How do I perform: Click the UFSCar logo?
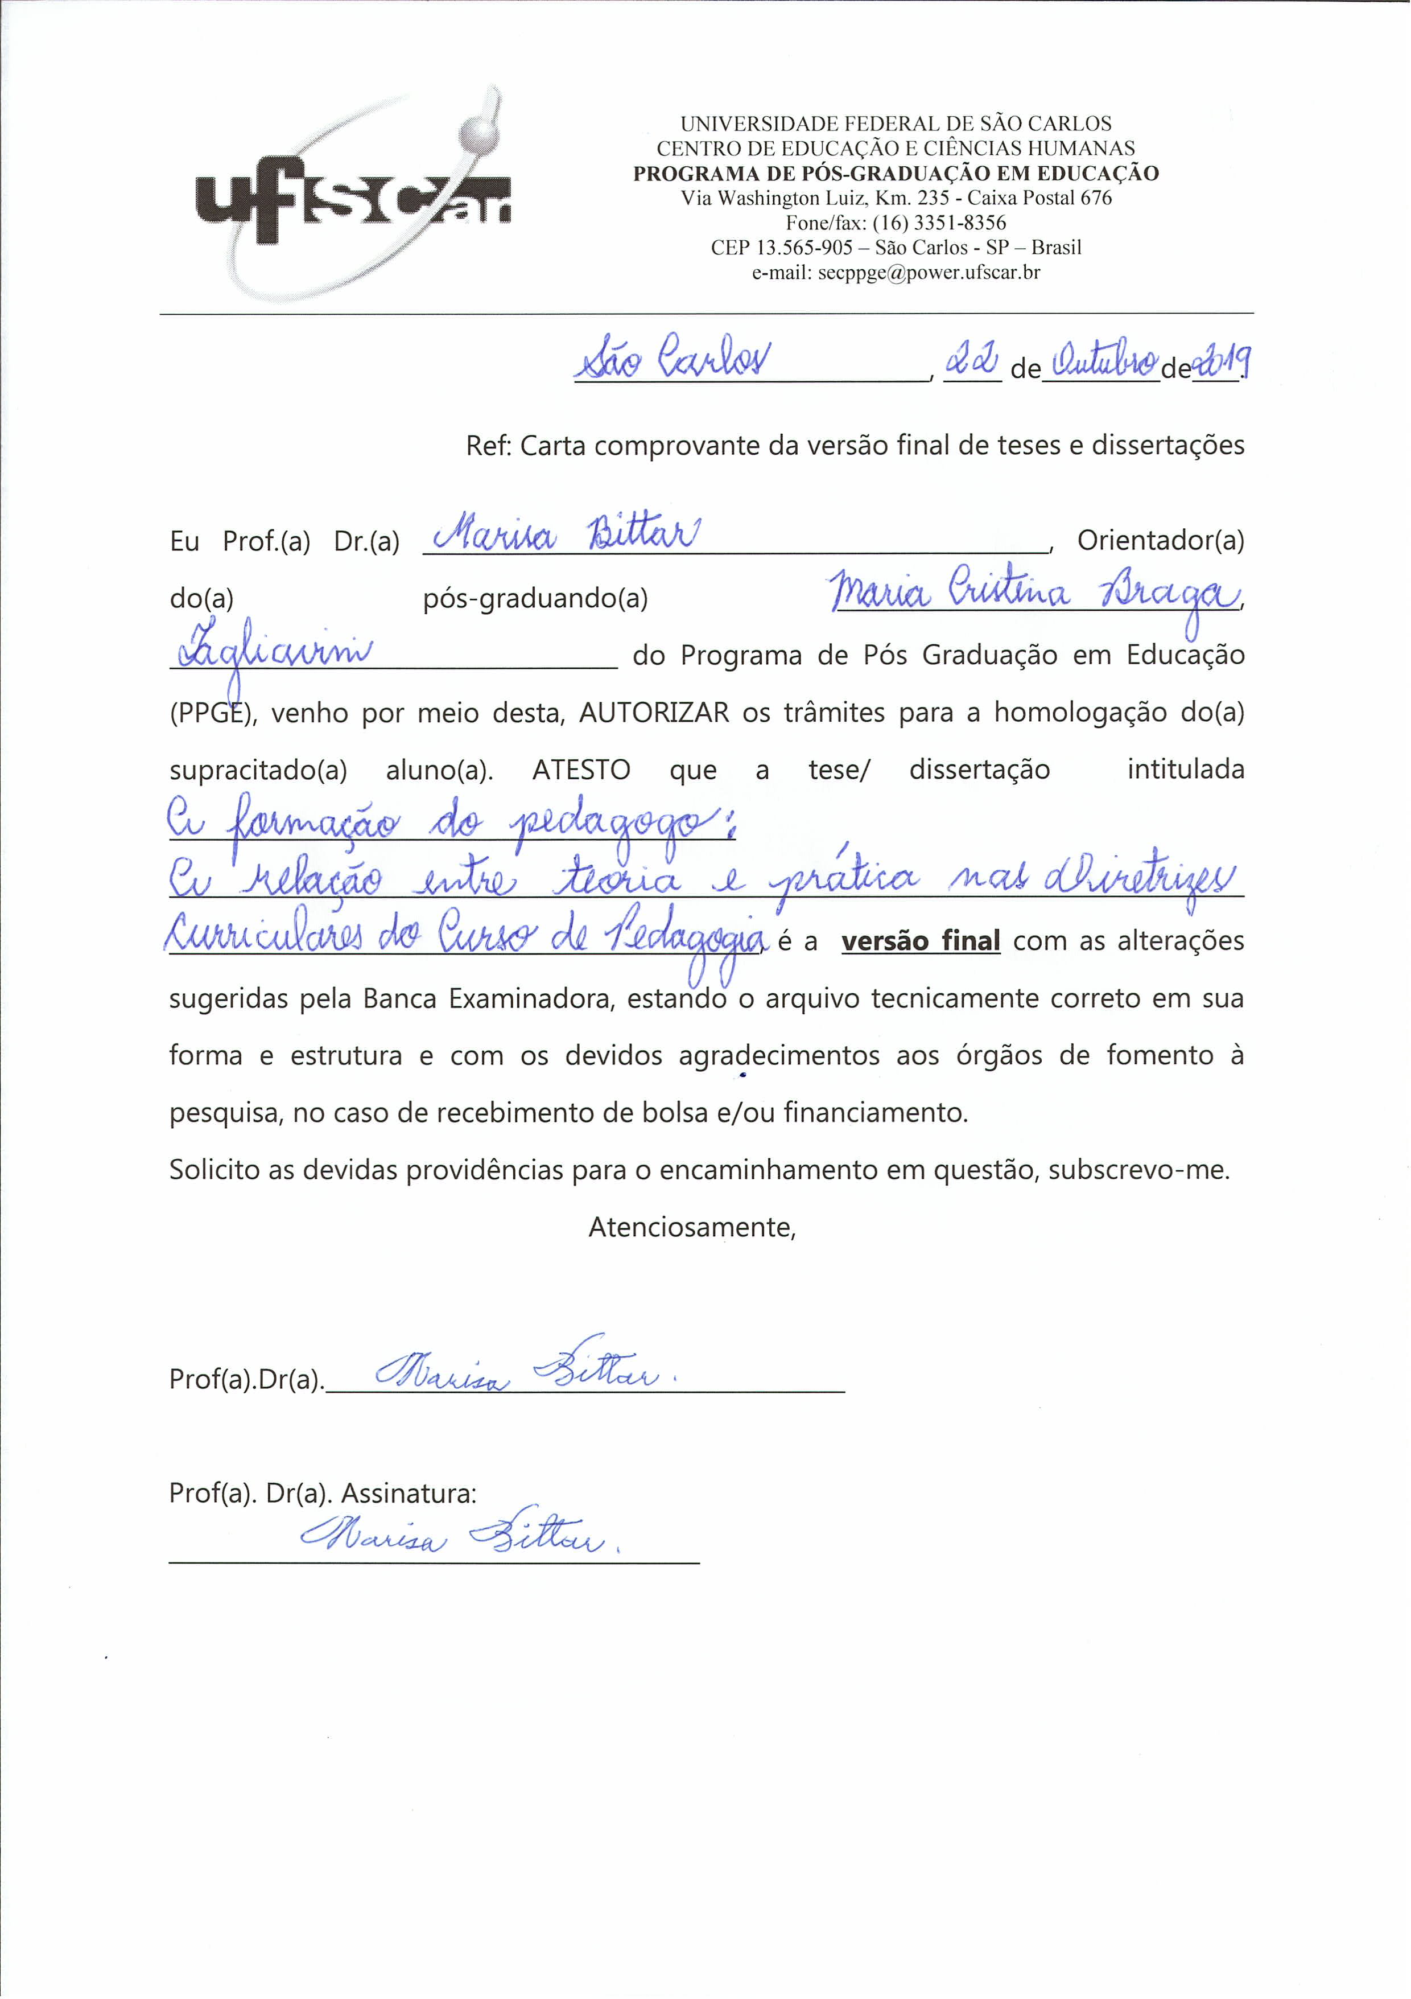tap(353, 196)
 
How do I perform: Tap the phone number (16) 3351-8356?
tap(939, 223)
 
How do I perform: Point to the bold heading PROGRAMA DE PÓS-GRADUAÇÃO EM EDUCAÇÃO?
tap(896, 173)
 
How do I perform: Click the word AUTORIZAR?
tap(654, 713)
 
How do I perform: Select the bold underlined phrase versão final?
tap(920, 941)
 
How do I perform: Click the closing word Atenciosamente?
tap(692, 1228)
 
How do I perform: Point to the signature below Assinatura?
tap(460, 1539)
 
